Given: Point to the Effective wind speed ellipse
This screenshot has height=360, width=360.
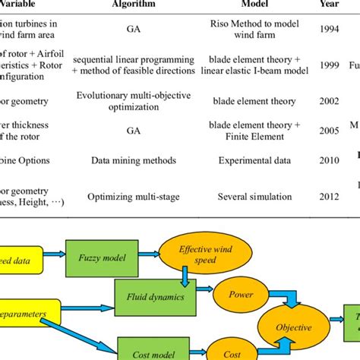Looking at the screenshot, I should pyautogui.click(x=196, y=257).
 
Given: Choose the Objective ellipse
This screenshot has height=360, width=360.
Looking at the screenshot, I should pyautogui.click(x=293, y=327).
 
